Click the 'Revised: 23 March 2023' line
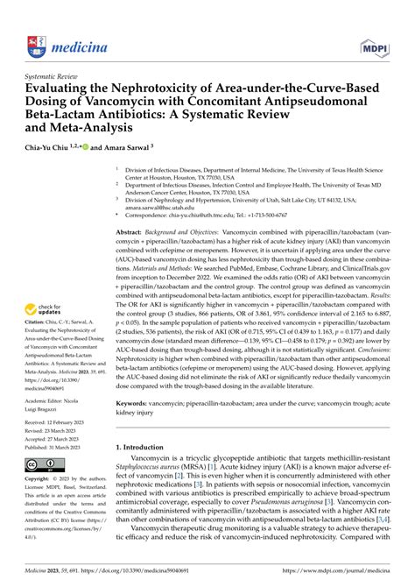(48, 429)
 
